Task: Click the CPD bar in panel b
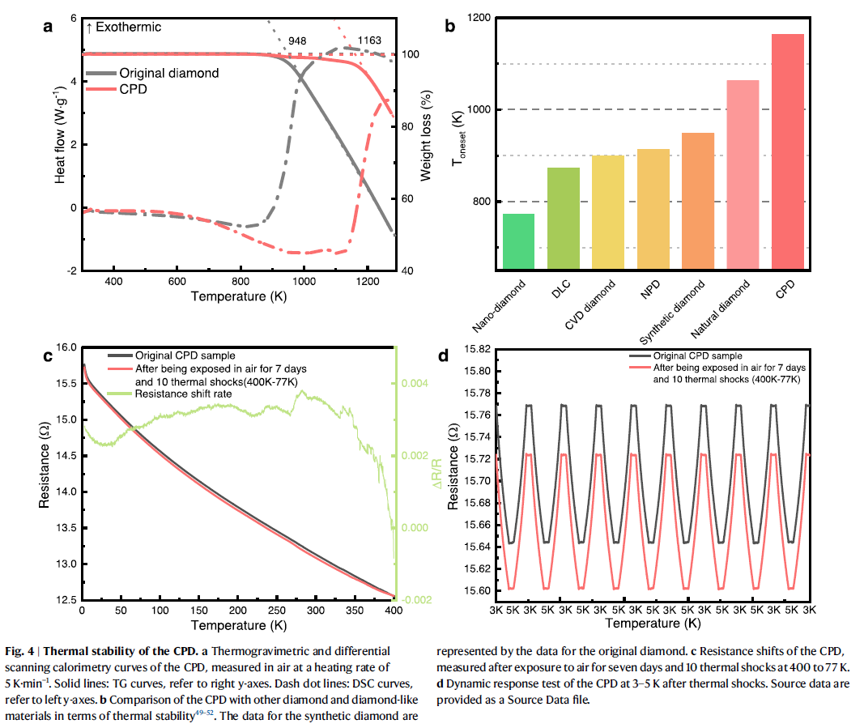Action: pyautogui.click(x=788, y=151)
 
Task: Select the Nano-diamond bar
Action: pyautogui.click(x=519, y=241)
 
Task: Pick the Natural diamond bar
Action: pyautogui.click(x=743, y=174)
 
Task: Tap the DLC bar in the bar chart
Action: pyautogui.click(x=564, y=217)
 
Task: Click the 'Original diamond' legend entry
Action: pyautogui.click(x=169, y=73)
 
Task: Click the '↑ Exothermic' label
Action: pyautogui.click(x=123, y=27)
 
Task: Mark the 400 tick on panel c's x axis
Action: pyautogui.click(x=394, y=609)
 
